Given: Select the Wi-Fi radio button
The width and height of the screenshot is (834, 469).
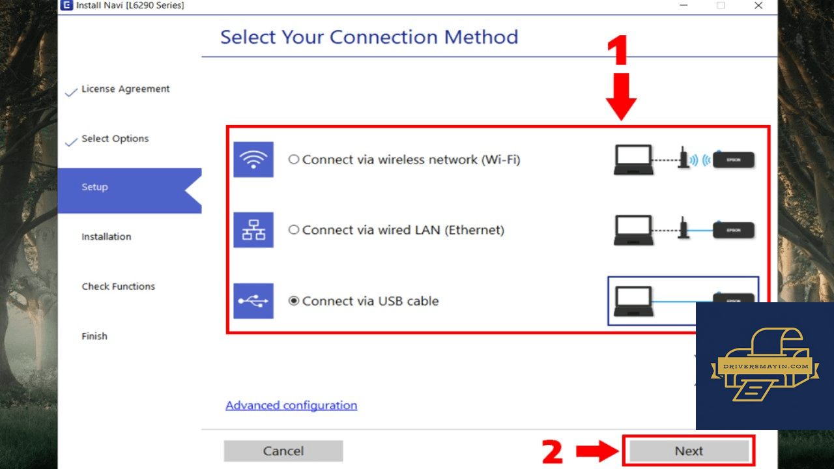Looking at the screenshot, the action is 294,160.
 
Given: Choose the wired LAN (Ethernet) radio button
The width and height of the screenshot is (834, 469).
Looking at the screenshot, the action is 294,230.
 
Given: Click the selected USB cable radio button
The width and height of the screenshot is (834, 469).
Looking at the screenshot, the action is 294,301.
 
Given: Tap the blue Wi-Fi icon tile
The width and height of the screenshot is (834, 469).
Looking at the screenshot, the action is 253,160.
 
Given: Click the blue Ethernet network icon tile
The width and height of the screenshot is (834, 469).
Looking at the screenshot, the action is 253,230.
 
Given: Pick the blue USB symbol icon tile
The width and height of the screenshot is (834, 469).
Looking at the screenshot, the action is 253,301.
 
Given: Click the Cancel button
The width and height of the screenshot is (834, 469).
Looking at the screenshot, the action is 283,451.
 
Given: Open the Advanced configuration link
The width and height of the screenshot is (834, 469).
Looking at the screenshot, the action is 291,405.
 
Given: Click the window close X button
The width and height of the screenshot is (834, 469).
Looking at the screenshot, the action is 758,5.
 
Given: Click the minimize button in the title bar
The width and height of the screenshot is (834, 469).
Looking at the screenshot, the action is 683,5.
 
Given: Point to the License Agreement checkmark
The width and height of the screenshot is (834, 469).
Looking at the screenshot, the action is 71,92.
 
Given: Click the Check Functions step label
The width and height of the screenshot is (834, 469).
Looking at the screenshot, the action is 119,286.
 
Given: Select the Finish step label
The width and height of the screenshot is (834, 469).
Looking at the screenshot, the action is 94,336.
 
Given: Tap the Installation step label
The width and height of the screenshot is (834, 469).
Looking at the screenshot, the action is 106,236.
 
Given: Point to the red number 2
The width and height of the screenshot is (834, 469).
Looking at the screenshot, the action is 552,451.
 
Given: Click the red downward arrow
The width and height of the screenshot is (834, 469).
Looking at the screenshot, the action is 621,96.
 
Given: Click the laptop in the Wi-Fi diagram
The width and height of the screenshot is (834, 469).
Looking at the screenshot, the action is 633,160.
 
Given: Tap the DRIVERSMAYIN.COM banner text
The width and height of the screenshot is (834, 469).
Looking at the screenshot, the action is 766,366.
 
